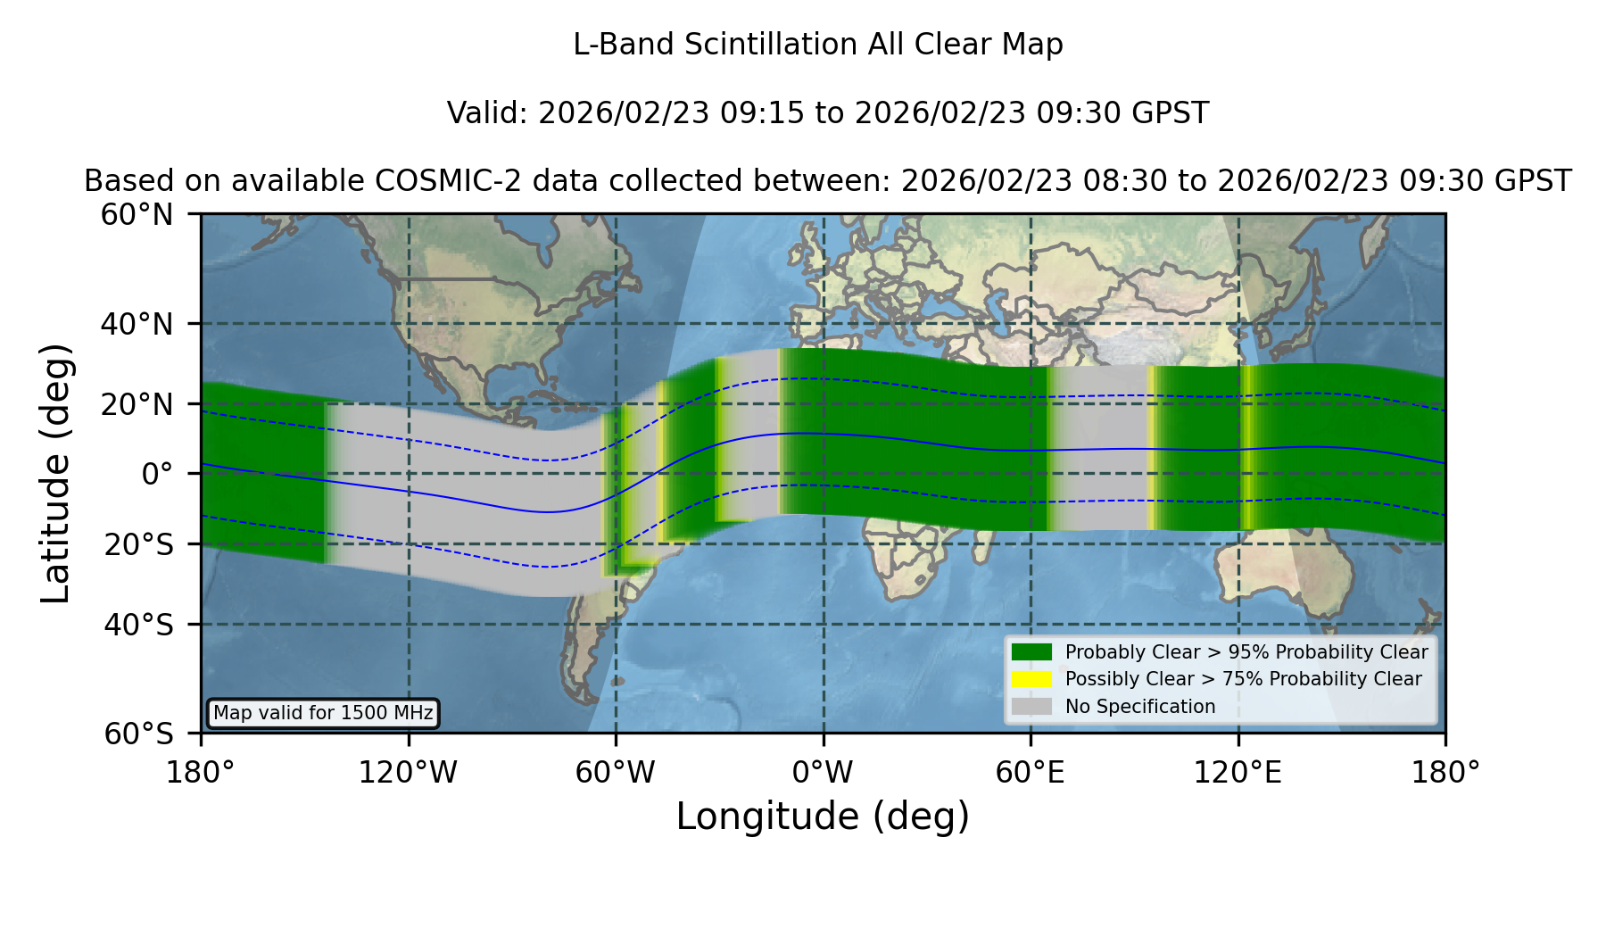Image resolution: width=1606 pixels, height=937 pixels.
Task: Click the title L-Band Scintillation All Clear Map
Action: coord(817,45)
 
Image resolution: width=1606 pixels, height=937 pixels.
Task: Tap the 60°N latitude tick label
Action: coord(137,215)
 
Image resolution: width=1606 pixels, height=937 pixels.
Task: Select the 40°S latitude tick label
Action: coord(138,625)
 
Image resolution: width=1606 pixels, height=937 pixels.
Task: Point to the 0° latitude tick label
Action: coord(157,474)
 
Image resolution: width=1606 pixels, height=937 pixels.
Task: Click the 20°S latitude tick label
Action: coord(138,544)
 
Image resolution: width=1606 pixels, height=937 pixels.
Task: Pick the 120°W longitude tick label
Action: coord(408,772)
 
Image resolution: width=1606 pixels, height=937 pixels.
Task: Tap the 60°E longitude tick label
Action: coord(1031,772)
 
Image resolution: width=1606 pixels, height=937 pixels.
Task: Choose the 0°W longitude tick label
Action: coord(823,772)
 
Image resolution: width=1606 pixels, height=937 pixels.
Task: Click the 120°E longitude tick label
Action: coord(1238,772)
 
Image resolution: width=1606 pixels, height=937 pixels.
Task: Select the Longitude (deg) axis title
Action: coord(823,817)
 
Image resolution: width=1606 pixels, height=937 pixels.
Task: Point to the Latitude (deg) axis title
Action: coord(56,473)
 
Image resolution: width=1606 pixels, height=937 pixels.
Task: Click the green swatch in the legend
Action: coord(1031,651)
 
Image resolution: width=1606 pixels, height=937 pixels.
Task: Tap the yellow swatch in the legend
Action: coord(1031,679)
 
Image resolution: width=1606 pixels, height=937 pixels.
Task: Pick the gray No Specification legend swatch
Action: coord(1031,707)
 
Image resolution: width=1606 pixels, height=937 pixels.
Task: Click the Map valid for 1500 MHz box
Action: coord(323,713)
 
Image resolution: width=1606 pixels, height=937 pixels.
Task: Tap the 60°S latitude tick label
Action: coord(138,734)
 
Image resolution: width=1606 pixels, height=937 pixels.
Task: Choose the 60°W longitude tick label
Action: coord(615,772)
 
